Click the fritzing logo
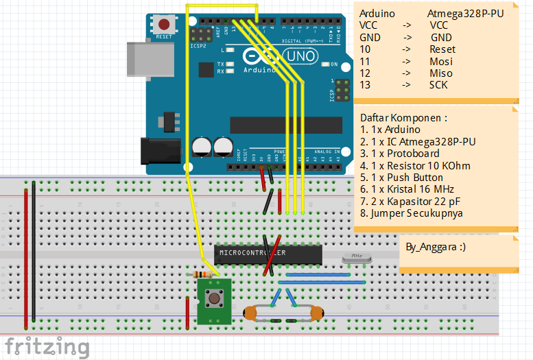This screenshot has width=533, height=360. [45, 347]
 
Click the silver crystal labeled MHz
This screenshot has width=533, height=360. [356, 258]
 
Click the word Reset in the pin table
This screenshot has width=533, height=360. [442, 49]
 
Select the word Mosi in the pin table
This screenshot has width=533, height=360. [440, 62]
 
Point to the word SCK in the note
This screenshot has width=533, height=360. [438, 85]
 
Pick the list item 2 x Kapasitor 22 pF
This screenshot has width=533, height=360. [410, 201]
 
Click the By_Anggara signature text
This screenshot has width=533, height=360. [435, 246]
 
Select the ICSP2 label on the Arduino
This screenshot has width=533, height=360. [198, 47]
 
